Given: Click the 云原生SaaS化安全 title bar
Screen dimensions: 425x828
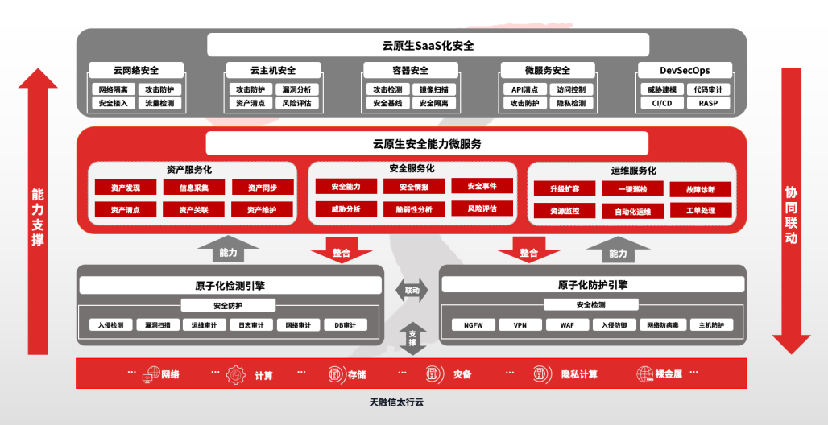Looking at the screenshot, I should point(428,45).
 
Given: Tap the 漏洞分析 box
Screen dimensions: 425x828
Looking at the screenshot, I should point(296,89).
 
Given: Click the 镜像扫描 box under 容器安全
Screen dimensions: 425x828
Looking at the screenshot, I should point(434,89).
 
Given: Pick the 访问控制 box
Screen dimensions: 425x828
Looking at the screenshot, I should point(571,89).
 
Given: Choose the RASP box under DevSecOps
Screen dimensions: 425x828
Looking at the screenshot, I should point(708,103).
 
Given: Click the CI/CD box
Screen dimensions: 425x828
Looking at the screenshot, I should point(662,103).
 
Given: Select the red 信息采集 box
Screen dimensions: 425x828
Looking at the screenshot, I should point(186,188).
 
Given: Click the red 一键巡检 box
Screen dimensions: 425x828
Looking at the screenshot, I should point(633,188).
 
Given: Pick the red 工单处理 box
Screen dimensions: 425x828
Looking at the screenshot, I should point(701,211).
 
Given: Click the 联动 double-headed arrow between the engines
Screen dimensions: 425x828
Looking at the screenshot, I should point(412,290).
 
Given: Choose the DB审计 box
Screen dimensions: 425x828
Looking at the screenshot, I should point(345,325).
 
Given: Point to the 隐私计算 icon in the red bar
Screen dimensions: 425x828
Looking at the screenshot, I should point(540,374).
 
